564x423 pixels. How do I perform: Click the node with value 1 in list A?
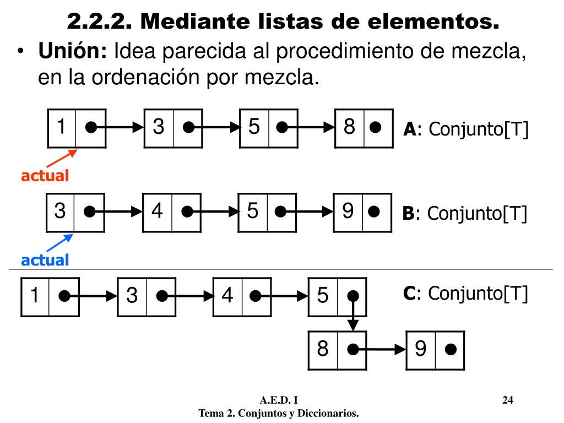76,128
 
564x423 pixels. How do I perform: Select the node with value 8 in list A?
364,128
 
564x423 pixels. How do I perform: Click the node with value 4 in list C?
242,297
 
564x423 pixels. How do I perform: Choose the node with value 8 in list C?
337,350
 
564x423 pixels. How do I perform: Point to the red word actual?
45,176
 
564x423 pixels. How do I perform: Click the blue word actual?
45,260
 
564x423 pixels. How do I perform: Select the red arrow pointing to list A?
59,158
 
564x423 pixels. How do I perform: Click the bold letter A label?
409,130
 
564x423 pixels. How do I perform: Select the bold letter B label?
408,214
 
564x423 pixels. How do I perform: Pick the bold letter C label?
409,294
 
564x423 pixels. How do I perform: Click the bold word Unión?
72,52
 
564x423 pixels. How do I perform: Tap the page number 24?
508,400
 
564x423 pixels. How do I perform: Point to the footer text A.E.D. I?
279,400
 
